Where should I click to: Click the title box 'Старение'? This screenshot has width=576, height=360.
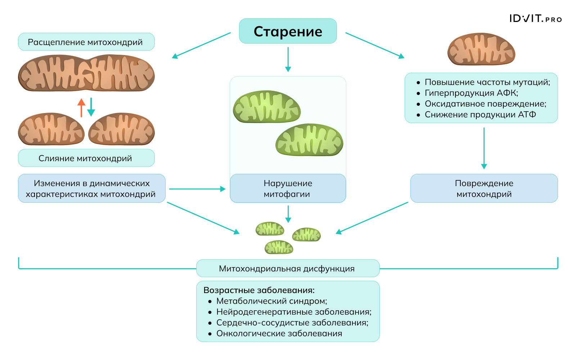pos(288,31)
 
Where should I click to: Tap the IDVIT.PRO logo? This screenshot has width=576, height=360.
pos(535,19)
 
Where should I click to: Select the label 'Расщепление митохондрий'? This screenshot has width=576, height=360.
pos(86,42)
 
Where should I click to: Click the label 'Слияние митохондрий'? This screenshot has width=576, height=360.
pos(86,158)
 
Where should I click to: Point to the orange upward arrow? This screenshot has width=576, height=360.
pos(81,107)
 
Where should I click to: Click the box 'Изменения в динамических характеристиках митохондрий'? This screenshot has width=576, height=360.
pos(91,189)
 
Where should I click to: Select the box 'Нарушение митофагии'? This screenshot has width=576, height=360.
pos(288,189)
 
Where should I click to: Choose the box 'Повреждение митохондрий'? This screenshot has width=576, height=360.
pos(484,189)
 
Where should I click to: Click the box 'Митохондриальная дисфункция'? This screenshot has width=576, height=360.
pos(287,269)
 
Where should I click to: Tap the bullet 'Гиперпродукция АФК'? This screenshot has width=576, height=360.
pos(471,93)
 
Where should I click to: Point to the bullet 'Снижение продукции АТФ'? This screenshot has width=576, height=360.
pos(480,114)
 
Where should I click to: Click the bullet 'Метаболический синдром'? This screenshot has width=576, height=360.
pos(271,301)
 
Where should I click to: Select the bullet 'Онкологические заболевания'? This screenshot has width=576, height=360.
pos(279,333)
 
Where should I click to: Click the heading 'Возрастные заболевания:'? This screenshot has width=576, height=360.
pos(259,290)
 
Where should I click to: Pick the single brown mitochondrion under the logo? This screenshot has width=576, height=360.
pos(481,49)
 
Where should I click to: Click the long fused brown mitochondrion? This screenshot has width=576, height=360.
pos(86,73)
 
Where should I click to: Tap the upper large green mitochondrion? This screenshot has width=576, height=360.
pos(266,107)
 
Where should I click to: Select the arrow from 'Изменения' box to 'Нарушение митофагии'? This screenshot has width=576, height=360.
pos(197,189)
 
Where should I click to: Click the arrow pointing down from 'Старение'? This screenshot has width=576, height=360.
pos(288,59)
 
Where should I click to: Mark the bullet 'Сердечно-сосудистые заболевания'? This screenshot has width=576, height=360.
pos(292,323)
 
